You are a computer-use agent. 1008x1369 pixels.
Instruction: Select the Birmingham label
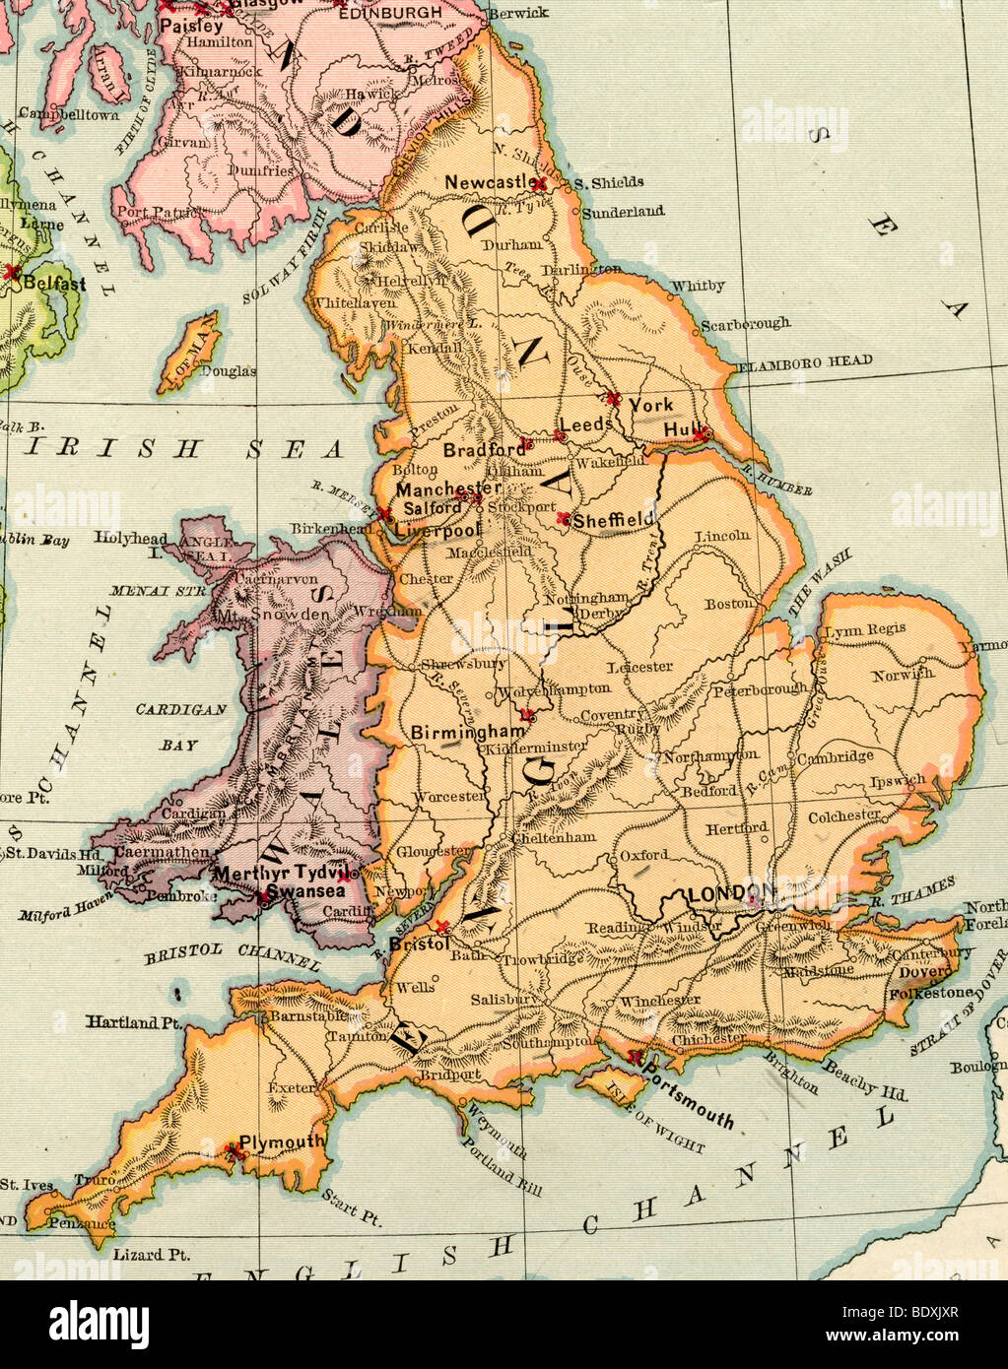point(467,733)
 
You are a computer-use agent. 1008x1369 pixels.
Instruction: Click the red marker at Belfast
point(12,271)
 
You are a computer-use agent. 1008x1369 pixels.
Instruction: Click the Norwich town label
point(902,675)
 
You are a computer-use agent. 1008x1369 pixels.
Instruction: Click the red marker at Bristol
point(442,927)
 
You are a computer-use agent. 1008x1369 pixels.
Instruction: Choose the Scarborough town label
point(745,323)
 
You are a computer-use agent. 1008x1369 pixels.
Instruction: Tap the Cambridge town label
point(834,756)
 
